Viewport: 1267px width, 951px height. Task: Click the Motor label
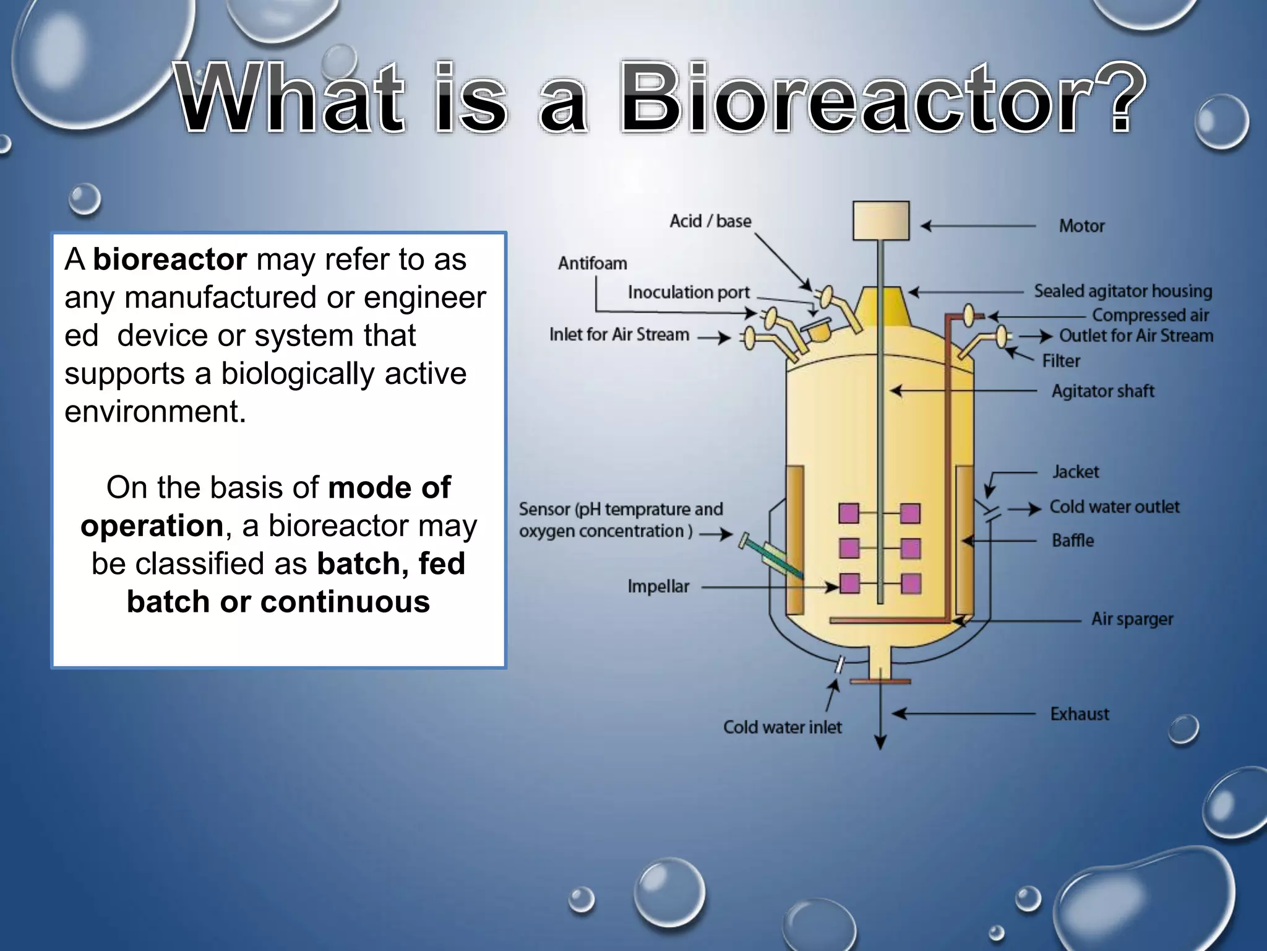(1081, 226)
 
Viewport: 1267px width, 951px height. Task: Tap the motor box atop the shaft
(880, 220)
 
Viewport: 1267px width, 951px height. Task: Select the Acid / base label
(710, 221)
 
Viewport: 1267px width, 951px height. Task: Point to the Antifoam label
(592, 263)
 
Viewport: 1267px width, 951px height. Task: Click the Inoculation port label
(688, 292)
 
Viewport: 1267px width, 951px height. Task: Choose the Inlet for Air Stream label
(619, 334)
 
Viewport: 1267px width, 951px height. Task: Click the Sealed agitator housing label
(1122, 291)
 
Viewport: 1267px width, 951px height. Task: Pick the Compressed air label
(1149, 315)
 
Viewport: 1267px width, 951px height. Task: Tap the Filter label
(1060, 361)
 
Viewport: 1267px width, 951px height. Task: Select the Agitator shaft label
(1102, 391)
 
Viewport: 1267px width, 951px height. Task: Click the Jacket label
(1075, 472)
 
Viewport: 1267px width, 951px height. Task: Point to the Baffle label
(1072, 541)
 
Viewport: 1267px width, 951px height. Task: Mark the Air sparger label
(1132, 619)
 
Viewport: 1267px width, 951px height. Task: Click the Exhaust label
(1079, 714)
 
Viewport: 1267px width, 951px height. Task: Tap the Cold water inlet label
(782, 727)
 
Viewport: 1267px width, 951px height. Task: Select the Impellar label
(658, 586)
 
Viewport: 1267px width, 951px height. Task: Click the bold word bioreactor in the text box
(170, 259)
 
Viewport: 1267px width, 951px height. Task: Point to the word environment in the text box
(154, 412)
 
